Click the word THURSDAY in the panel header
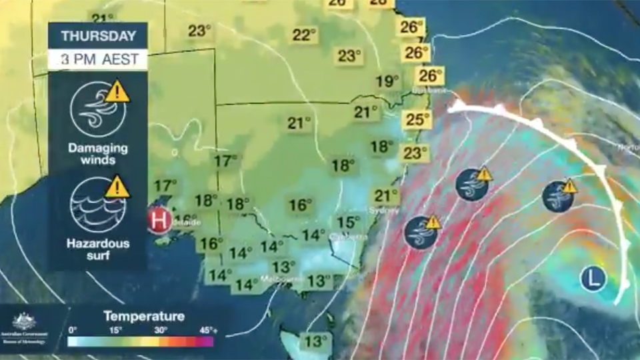click(97, 35)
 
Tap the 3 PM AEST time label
click(97, 59)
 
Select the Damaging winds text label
click(97, 154)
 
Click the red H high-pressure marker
click(159, 220)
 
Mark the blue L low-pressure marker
click(593, 278)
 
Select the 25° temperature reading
click(417, 121)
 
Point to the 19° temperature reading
click(387, 82)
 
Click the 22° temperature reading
click(304, 35)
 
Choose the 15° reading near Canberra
click(348, 223)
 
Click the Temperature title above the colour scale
click(143, 316)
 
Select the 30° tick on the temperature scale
click(159, 330)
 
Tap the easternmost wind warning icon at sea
click(557, 197)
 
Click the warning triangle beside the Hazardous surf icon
click(118, 186)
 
